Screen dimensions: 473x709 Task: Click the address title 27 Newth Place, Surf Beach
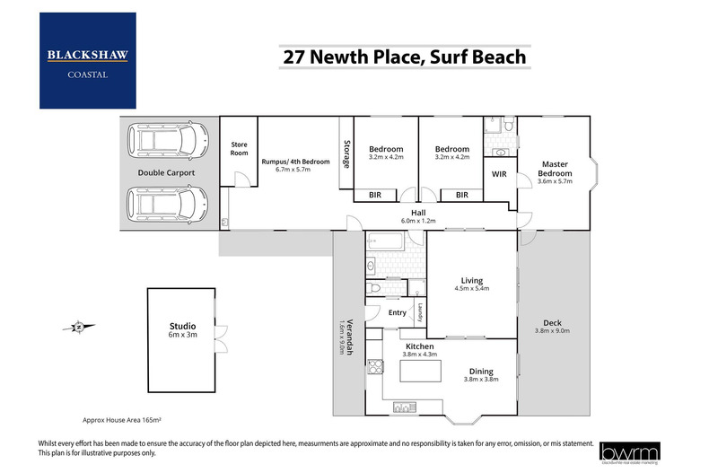(x=404, y=57)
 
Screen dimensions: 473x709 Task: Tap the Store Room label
(x=239, y=147)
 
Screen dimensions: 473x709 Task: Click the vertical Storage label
(x=346, y=152)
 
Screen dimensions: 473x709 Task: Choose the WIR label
(x=500, y=174)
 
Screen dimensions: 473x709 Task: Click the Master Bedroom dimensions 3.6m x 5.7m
(x=554, y=180)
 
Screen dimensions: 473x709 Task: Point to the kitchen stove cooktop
(x=378, y=368)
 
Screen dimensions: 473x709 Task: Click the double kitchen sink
(x=401, y=407)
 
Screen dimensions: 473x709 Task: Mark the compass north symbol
(x=79, y=327)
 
